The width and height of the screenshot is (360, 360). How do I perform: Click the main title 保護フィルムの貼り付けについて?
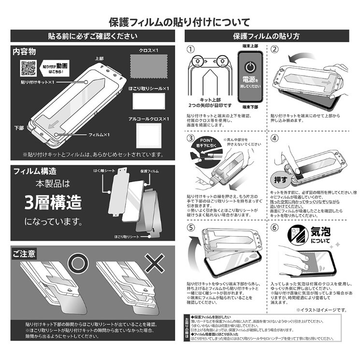click(180, 22)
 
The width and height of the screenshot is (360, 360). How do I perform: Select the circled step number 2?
click(274, 50)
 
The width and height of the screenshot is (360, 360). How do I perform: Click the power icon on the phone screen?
click(250, 67)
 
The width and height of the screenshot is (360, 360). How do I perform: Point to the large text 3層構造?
click(53, 202)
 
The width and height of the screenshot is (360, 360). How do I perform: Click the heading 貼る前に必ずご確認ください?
click(93, 37)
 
